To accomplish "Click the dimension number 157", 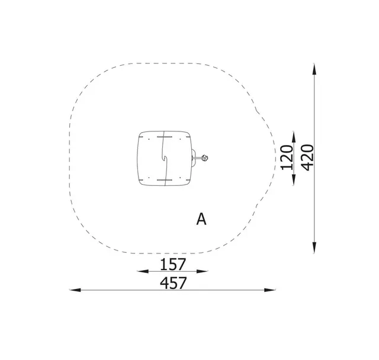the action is [173, 264].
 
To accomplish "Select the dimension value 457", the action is [174, 283].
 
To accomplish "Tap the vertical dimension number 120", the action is [287, 157].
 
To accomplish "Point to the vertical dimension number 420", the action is [308, 157].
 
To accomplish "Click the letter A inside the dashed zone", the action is [201, 219].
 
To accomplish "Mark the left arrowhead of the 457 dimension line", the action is [75, 290].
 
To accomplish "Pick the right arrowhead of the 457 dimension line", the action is [270, 290].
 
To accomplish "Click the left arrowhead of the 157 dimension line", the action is [143, 271].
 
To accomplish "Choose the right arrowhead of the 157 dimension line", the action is [202, 271].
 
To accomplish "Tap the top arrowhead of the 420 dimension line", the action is [314, 69].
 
